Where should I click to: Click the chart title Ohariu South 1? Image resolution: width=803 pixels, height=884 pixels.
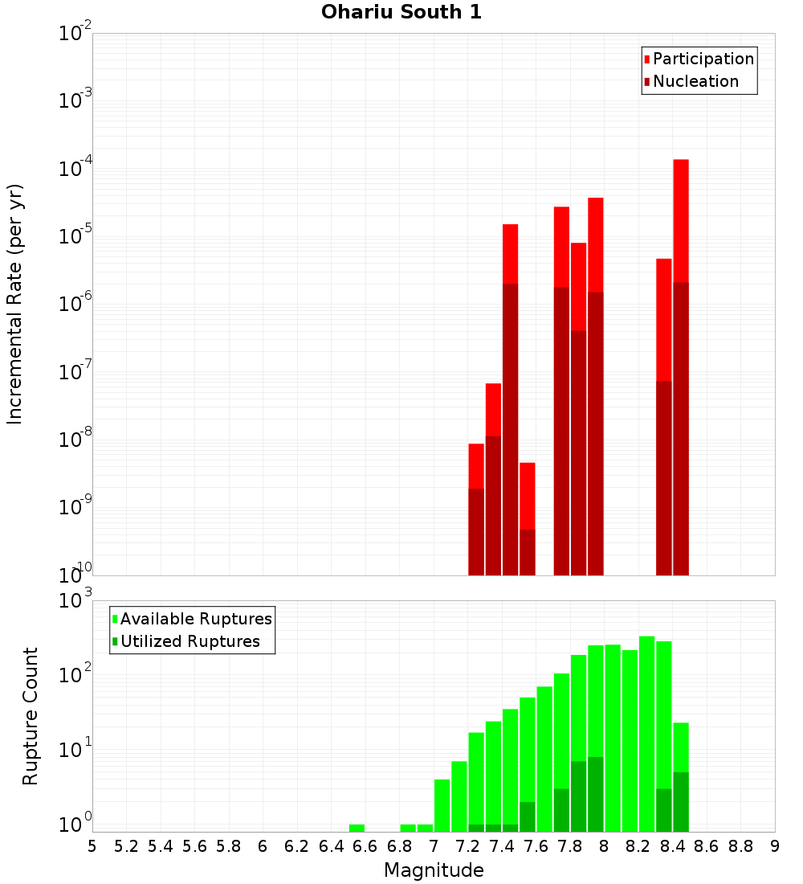pyautogui.click(x=401, y=13)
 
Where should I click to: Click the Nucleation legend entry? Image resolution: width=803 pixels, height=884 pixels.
pyautogui.click(x=695, y=81)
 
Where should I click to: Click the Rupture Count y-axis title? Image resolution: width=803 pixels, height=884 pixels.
pyautogui.click(x=31, y=716)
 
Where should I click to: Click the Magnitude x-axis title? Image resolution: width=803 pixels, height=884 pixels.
pyautogui.click(x=434, y=870)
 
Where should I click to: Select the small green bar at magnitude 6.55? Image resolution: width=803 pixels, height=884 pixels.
pyautogui.click(x=357, y=828)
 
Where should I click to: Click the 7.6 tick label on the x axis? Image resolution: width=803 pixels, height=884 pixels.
pyautogui.click(x=536, y=846)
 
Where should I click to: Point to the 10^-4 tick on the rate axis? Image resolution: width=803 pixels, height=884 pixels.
pyautogui.click(x=74, y=169)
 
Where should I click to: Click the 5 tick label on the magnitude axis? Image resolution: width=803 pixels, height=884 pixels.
pyautogui.click(x=92, y=846)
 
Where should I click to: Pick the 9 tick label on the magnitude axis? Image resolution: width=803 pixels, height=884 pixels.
pyautogui.click(x=775, y=846)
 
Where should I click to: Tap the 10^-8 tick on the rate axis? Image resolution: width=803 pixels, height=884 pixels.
pyautogui.click(x=74, y=440)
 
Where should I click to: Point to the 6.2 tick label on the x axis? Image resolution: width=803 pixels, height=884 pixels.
pyautogui.click(x=297, y=846)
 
